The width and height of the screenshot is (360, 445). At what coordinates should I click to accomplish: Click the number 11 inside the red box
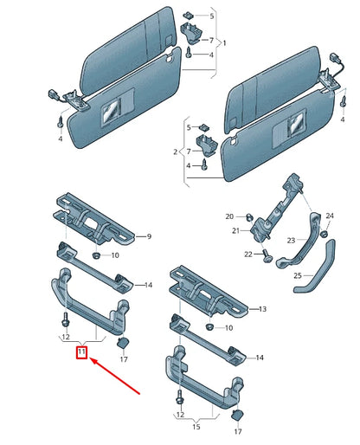point(80,352)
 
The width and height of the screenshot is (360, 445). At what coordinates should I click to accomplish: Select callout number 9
point(148,236)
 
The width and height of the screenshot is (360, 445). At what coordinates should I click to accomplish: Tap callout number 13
point(264,308)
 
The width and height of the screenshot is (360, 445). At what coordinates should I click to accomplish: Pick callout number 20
point(230,216)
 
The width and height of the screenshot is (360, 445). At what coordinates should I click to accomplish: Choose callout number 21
point(234,231)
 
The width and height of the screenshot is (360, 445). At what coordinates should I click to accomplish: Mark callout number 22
point(248,254)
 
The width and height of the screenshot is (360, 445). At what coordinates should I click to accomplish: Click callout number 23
point(291,241)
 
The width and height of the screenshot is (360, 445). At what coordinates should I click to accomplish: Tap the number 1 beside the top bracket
point(227,42)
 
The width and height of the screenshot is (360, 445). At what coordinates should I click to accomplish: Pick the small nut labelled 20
point(245,216)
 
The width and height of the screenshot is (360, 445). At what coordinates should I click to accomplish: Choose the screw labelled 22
point(267,256)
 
